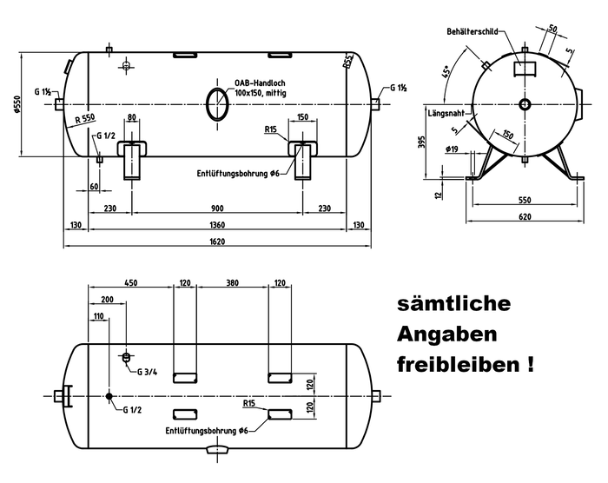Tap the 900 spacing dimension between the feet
click(x=217, y=208)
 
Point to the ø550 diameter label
click(x=17, y=103)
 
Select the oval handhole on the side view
click(x=218, y=103)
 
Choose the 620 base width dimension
click(x=525, y=216)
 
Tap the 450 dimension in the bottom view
click(x=131, y=282)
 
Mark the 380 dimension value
click(x=230, y=282)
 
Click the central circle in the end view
click(x=525, y=104)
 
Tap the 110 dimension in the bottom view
click(x=98, y=315)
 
